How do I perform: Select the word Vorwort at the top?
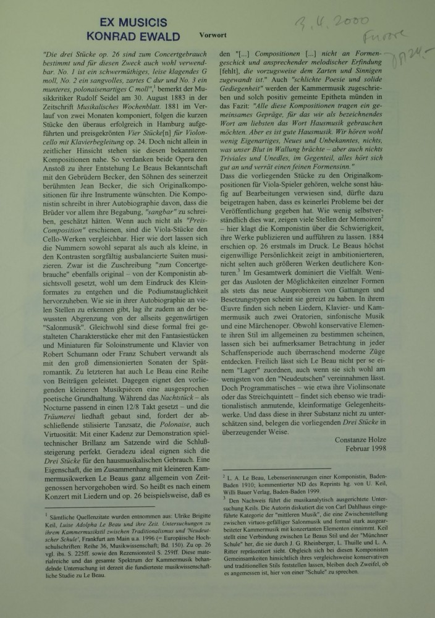217,36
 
